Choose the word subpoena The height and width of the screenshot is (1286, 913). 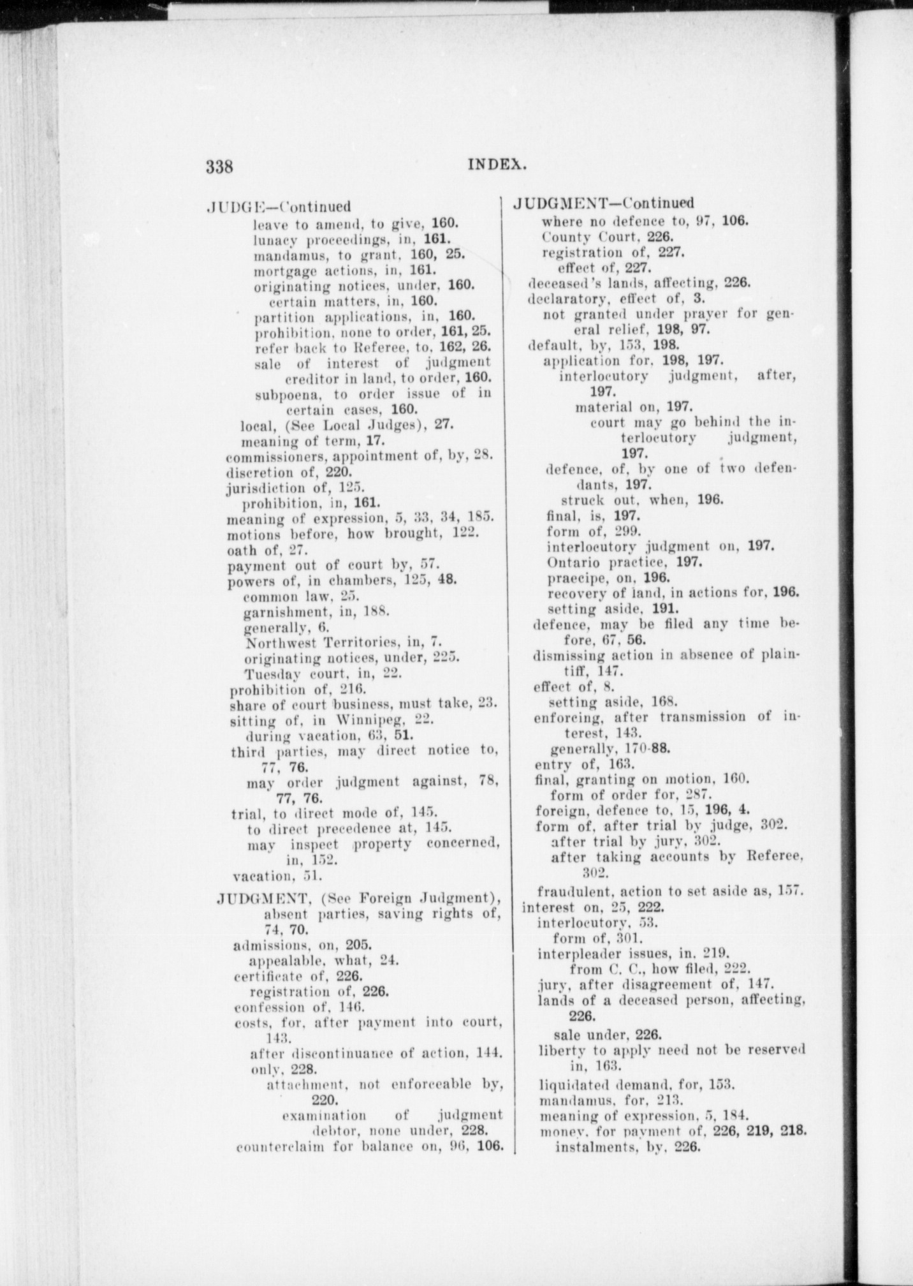pos(282,394)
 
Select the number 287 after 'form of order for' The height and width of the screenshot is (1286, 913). pos(686,795)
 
